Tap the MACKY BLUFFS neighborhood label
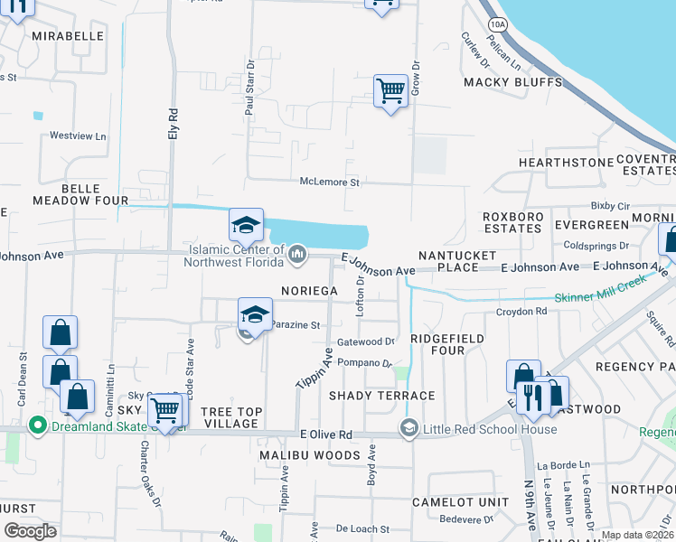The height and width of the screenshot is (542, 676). click(x=512, y=82)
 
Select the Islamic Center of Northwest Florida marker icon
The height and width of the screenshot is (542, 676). click(x=296, y=257)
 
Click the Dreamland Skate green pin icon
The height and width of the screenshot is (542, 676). click(x=37, y=424)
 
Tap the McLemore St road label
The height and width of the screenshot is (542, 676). click(x=330, y=182)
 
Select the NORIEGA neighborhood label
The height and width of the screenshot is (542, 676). click(x=309, y=291)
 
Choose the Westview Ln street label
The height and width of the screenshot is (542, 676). click(x=78, y=135)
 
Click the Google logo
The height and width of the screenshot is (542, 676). click(x=31, y=530)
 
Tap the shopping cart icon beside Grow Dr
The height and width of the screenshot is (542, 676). click(x=390, y=90)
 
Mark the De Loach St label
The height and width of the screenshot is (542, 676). click(x=361, y=528)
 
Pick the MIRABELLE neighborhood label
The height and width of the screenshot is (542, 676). click(x=68, y=36)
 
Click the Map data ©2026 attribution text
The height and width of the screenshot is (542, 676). click(x=636, y=535)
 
